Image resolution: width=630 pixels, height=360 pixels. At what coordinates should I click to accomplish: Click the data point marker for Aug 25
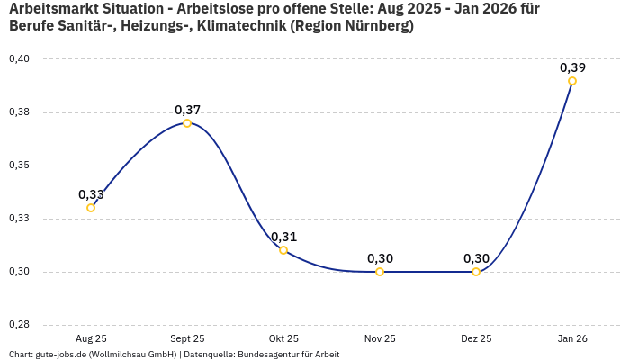click(x=91, y=208)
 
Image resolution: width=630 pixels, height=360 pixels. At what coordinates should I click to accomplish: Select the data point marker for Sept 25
click(x=187, y=123)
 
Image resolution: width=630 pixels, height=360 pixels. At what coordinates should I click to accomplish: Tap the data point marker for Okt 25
click(x=283, y=250)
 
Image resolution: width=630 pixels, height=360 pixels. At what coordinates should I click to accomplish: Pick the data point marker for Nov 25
click(x=380, y=272)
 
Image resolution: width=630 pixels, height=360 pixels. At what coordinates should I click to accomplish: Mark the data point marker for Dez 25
click(x=476, y=272)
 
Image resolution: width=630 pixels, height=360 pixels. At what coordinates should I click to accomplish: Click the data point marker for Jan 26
click(x=572, y=81)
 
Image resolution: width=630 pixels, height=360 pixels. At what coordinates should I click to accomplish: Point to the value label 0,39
click(x=572, y=67)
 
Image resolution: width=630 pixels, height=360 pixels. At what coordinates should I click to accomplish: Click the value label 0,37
click(x=187, y=110)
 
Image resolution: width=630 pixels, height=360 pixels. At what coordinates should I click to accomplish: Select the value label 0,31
click(x=283, y=237)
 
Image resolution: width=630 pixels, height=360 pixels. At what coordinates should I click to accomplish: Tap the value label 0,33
click(x=91, y=194)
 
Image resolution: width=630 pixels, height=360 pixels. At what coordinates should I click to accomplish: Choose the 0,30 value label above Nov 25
click(x=380, y=258)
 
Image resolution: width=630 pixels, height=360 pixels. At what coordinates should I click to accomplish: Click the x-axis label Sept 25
click(x=187, y=339)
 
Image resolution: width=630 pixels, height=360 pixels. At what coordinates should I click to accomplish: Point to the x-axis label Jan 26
click(x=572, y=339)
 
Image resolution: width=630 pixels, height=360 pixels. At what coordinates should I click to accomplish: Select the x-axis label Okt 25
click(x=283, y=339)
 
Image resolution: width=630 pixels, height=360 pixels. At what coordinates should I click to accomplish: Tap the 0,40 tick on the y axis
click(x=19, y=59)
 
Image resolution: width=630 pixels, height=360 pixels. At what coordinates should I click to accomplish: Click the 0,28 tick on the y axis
click(x=19, y=325)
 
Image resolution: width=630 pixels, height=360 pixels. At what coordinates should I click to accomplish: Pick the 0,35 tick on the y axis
click(x=19, y=166)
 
